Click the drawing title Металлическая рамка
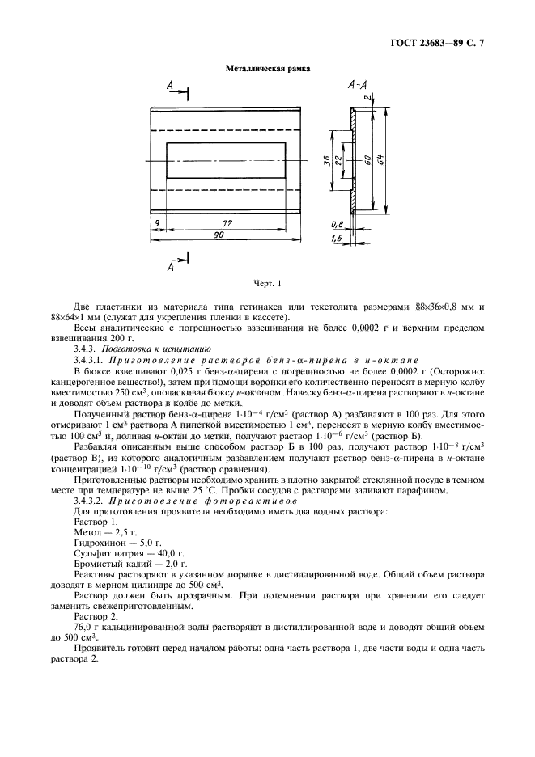(x=267, y=69)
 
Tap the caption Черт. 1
(x=267, y=283)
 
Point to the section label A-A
(x=356, y=84)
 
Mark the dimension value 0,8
(x=336, y=223)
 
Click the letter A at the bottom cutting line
(x=170, y=265)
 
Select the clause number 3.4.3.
(x=88, y=349)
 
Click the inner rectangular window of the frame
(x=227, y=161)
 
